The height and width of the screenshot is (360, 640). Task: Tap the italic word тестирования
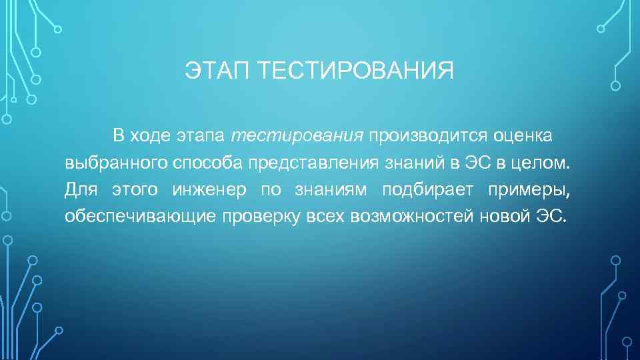click(297, 136)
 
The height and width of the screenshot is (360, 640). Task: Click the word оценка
click(523, 136)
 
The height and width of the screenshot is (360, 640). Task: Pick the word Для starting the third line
click(81, 191)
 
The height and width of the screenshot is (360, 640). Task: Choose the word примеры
click(529, 191)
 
